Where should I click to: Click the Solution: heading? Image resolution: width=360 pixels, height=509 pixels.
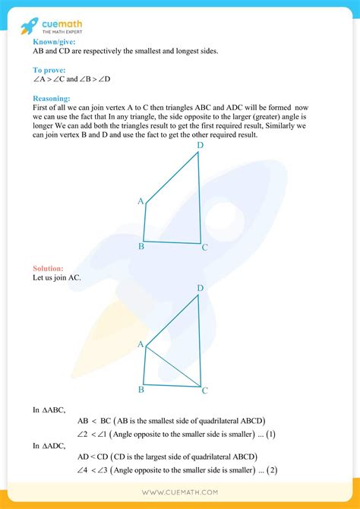pyautogui.click(x=49, y=269)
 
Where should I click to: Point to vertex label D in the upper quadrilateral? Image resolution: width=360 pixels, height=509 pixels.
pyautogui.click(x=201, y=145)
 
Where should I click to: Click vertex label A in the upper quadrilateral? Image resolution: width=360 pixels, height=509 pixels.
pyautogui.click(x=141, y=201)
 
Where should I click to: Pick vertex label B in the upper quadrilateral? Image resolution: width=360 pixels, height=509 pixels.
pyautogui.click(x=142, y=246)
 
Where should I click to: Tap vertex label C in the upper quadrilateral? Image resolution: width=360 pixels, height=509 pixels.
pyautogui.click(x=205, y=247)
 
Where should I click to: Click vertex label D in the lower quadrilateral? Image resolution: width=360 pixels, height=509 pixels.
pyautogui.click(x=201, y=288)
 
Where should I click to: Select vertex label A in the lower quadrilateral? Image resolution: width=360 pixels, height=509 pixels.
pyautogui.click(x=141, y=344)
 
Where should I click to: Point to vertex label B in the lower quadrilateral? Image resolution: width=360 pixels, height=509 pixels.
pyautogui.click(x=142, y=390)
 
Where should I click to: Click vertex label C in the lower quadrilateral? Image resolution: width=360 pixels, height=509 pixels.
pyautogui.click(x=205, y=390)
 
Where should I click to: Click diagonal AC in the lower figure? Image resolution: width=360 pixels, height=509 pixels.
pyautogui.click(x=174, y=367)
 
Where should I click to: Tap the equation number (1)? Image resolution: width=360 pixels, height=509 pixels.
pyautogui.click(x=271, y=435)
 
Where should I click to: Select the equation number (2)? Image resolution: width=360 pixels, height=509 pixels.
pyautogui.click(x=271, y=471)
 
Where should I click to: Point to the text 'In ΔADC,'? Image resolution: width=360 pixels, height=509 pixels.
pyautogui.click(x=50, y=446)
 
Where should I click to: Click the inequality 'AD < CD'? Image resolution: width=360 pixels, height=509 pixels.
pyautogui.click(x=92, y=457)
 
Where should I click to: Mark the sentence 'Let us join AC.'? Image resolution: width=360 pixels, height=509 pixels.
pyautogui.click(x=58, y=278)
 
